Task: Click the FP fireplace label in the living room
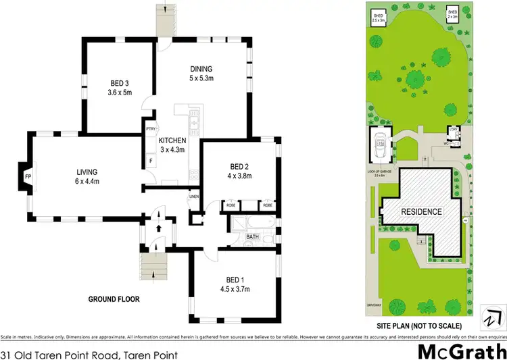click(27, 177)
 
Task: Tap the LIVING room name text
click(87, 172)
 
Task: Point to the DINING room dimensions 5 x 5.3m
click(201, 78)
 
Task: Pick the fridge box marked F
click(149, 161)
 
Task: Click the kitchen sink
click(193, 123)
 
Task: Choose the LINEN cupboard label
click(194, 197)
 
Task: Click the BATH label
click(252, 236)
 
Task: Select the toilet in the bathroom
click(268, 239)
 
